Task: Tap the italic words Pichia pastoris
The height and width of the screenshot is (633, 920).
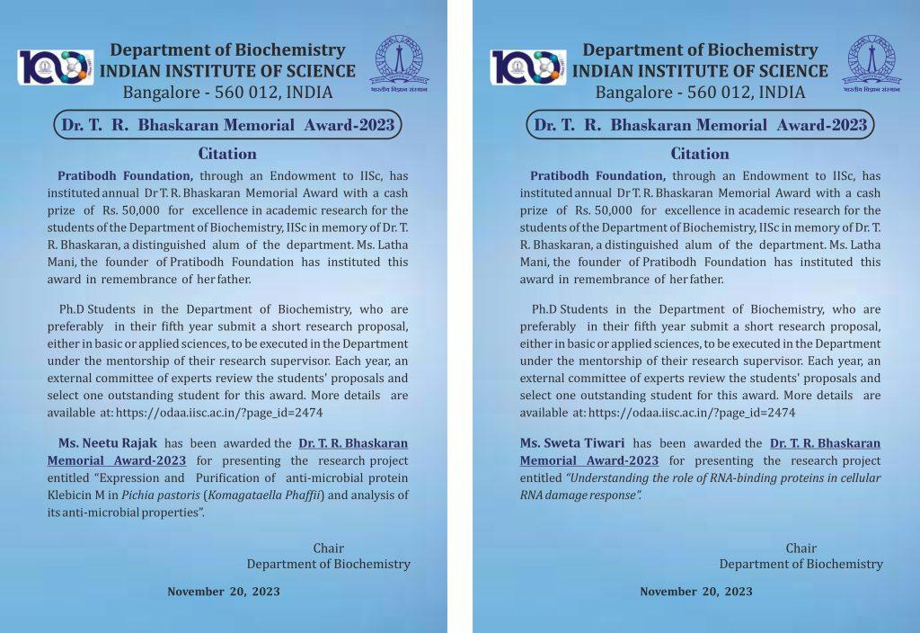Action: click(162, 495)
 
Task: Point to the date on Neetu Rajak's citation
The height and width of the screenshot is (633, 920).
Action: click(224, 592)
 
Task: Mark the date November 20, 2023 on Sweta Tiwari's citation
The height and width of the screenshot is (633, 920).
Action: click(696, 592)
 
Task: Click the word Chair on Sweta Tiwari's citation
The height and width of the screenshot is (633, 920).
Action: click(801, 548)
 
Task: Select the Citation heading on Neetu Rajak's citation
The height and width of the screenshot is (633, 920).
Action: click(227, 154)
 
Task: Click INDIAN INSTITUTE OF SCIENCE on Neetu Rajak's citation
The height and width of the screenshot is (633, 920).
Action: click(227, 71)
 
